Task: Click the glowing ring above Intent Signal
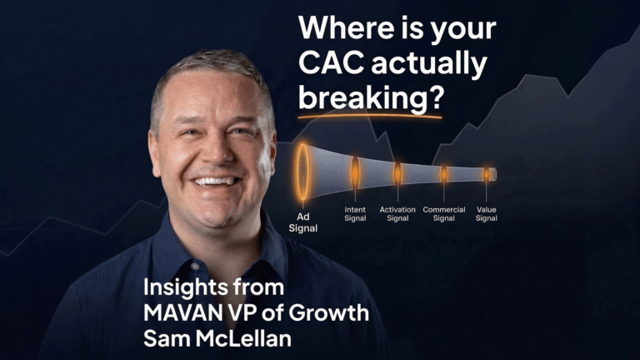355,172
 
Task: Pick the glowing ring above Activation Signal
397,173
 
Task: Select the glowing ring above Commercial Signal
444,173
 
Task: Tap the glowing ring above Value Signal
487,174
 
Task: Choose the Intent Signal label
355,213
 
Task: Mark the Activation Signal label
397,213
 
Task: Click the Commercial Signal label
444,213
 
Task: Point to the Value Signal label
487,213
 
